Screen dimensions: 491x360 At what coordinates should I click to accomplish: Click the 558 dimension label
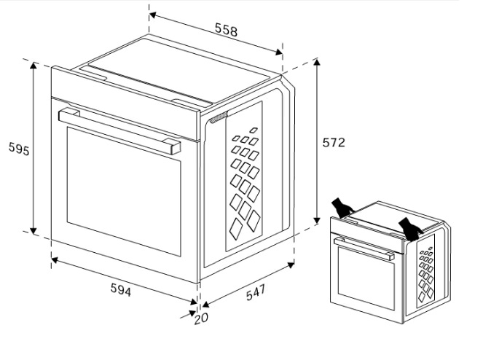click(226, 30)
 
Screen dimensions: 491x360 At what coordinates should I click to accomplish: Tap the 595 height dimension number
click(19, 149)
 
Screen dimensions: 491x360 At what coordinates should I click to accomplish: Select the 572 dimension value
click(334, 143)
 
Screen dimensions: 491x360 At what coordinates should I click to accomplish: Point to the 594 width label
click(121, 289)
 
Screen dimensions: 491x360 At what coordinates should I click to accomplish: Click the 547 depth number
click(256, 292)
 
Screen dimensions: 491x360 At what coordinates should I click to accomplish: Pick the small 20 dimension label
click(201, 318)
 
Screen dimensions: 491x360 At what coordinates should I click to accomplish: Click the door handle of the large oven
click(119, 130)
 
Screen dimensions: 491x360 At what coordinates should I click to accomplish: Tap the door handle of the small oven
click(364, 249)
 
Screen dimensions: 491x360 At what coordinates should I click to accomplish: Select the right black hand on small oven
click(410, 229)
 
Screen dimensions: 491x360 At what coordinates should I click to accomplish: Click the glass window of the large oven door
click(124, 192)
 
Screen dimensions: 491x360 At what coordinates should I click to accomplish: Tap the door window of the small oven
click(366, 278)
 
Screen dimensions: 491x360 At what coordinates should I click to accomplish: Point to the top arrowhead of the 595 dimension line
click(34, 66)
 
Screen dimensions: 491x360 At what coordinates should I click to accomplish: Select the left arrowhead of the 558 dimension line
click(153, 15)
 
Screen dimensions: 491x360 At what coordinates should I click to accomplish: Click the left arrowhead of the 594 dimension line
click(55, 259)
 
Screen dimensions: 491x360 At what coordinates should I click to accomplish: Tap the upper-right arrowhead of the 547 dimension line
click(291, 265)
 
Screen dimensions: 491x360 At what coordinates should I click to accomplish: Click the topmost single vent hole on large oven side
click(254, 130)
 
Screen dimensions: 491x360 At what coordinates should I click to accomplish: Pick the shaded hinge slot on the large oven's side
click(219, 117)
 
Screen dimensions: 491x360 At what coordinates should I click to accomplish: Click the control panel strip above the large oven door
click(126, 103)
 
